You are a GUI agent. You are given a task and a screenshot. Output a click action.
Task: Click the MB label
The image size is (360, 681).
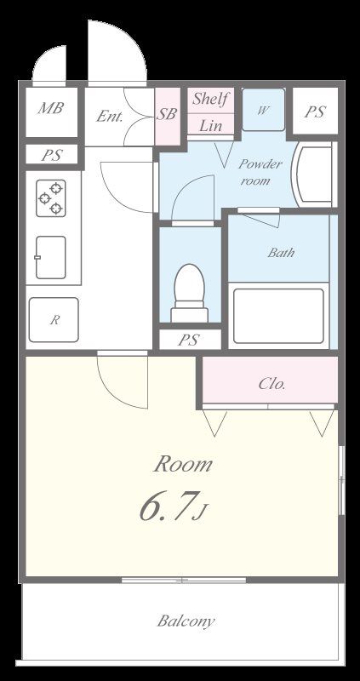(50, 108)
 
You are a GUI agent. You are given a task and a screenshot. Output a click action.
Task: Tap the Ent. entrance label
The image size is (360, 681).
(110, 116)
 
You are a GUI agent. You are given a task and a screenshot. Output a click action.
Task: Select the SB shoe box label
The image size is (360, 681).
(167, 114)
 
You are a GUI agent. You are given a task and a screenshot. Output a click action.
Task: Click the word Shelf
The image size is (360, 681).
(210, 99)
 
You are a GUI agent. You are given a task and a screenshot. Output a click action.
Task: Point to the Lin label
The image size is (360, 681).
(210, 125)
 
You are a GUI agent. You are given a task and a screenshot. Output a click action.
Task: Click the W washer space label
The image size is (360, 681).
(263, 111)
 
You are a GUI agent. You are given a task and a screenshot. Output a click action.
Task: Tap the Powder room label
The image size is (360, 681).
(260, 172)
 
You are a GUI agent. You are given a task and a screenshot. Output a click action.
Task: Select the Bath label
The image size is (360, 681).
(281, 252)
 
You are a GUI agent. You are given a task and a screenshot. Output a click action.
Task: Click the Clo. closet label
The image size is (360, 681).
(271, 384)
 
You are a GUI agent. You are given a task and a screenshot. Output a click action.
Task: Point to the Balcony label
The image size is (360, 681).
(186, 621)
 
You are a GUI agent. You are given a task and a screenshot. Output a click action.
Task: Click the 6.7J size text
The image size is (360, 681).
(173, 506)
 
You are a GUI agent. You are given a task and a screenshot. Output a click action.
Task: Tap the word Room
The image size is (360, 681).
(183, 464)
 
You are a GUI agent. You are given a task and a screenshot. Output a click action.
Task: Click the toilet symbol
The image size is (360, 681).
(189, 293)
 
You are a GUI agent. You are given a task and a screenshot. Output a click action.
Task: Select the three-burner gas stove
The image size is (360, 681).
(51, 198)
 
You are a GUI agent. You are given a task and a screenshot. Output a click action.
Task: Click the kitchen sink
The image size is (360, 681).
(50, 258)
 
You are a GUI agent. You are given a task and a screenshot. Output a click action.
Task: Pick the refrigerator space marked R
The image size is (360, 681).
(54, 320)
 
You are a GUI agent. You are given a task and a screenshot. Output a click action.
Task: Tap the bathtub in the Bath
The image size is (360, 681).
(278, 316)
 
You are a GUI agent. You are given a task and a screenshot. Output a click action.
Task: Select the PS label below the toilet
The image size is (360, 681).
(189, 340)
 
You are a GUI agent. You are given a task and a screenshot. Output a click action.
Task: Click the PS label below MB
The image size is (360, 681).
(52, 155)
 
